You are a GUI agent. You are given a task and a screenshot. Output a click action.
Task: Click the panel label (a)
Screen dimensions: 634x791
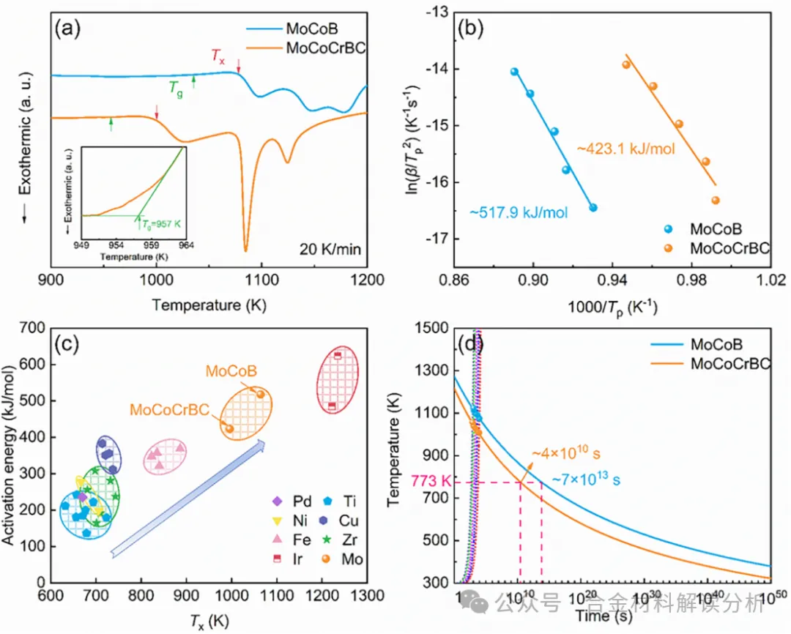67,34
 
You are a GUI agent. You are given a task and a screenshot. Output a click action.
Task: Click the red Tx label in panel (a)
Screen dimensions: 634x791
218,56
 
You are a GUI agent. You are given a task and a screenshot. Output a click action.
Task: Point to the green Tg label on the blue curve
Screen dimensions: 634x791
176,89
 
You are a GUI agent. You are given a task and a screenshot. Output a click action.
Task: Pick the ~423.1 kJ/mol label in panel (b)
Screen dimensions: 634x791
625,149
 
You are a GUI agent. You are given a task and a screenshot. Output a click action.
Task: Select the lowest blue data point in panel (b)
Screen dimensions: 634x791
593,208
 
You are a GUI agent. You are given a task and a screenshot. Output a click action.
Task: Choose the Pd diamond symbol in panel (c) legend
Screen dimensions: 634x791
277,501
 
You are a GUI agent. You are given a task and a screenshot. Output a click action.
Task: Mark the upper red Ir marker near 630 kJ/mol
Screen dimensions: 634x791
338,356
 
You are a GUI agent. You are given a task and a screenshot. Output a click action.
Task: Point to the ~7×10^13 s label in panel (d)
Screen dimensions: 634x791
586,480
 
